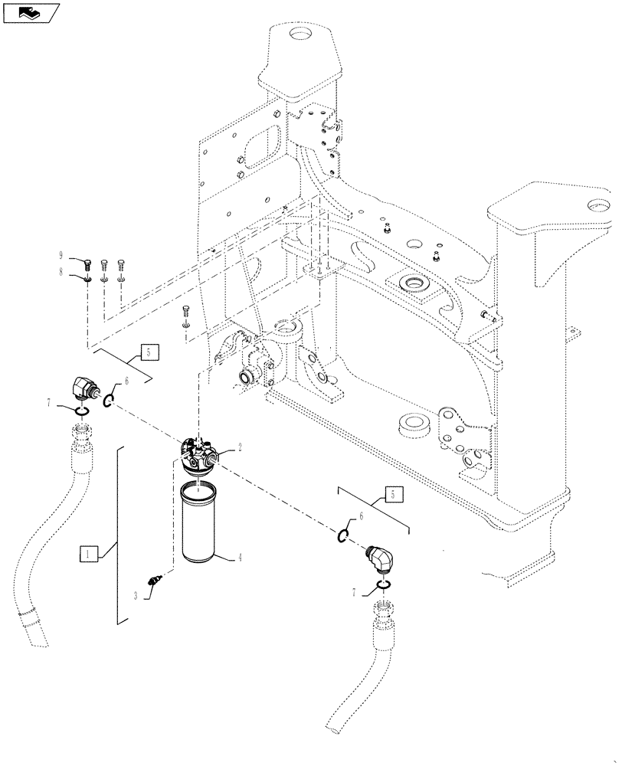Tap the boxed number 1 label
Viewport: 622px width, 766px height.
click(x=89, y=552)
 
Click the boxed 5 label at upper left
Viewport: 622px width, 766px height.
click(x=150, y=352)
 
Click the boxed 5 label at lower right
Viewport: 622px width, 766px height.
click(x=392, y=495)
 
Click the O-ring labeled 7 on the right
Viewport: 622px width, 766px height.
click(x=385, y=587)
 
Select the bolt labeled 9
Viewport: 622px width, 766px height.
click(x=89, y=265)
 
